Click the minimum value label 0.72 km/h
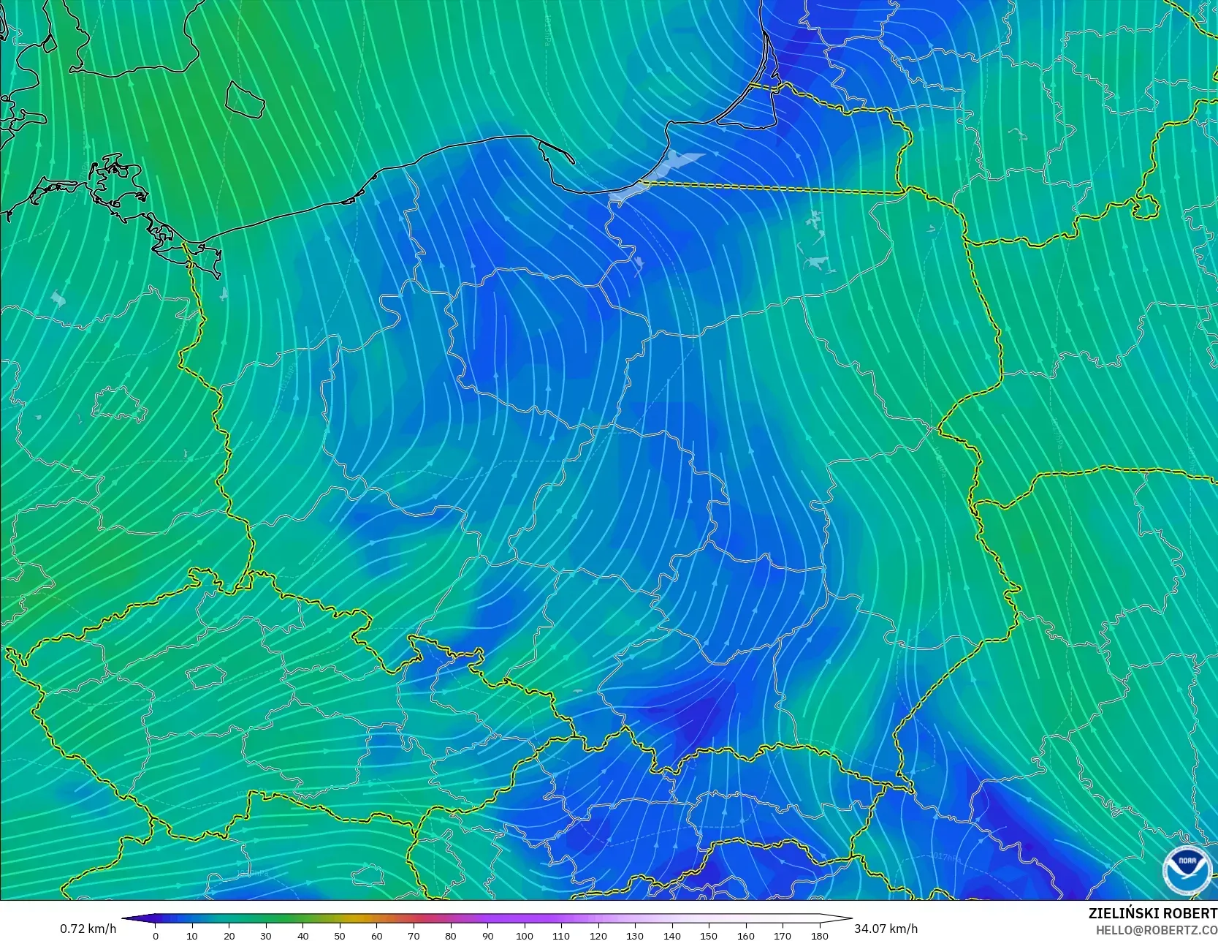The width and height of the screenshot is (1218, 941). coord(88,929)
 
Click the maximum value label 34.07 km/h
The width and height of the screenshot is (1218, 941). coord(886,929)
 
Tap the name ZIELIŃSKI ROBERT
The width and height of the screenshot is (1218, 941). coord(1152,913)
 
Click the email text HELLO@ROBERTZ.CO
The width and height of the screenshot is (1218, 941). coord(1156,929)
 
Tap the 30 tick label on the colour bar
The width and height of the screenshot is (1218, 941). coord(266,935)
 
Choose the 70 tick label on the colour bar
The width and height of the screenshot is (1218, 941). coord(414,935)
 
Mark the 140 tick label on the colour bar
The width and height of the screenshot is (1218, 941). coord(672,935)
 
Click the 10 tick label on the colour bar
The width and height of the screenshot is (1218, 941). coord(192,935)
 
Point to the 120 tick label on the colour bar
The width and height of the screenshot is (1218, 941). coord(598,935)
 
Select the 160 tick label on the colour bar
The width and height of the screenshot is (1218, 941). coord(746,935)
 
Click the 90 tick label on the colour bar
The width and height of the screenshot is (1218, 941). coord(487,935)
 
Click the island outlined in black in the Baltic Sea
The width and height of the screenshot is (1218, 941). coord(245,99)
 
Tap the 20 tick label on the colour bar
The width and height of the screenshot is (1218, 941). coord(229,935)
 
